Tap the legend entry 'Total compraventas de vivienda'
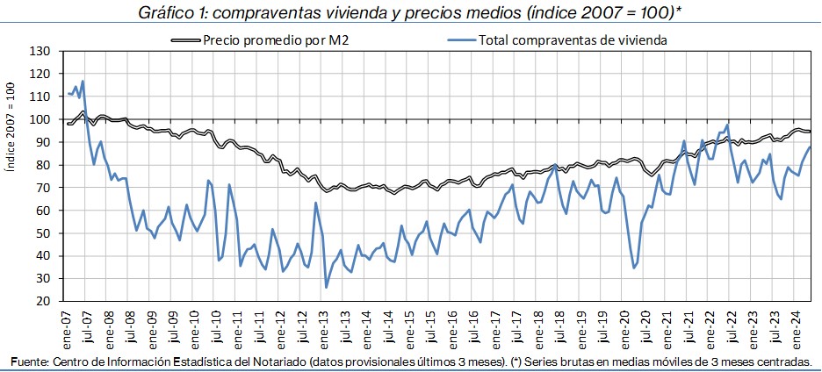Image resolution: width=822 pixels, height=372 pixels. [574, 39]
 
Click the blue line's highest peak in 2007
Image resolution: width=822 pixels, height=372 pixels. [83, 82]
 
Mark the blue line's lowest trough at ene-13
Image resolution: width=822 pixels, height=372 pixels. [327, 287]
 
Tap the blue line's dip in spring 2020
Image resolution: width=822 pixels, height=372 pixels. [634, 268]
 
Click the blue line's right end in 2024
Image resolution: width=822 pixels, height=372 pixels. [810, 147]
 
